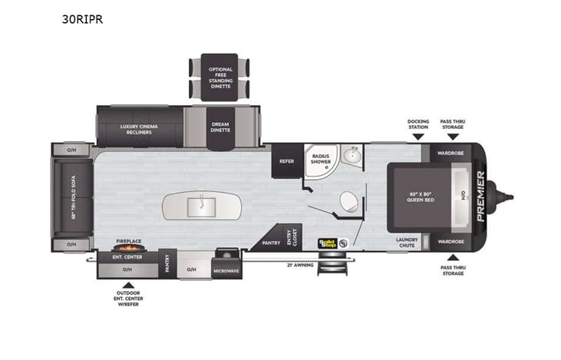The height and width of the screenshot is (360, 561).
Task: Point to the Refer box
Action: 287,161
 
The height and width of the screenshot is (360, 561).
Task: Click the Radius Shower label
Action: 320,160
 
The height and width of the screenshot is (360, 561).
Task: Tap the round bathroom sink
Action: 352,157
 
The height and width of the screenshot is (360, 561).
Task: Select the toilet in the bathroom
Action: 348,203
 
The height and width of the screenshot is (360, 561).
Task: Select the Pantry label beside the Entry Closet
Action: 271,242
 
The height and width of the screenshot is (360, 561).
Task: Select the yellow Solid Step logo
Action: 328,243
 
